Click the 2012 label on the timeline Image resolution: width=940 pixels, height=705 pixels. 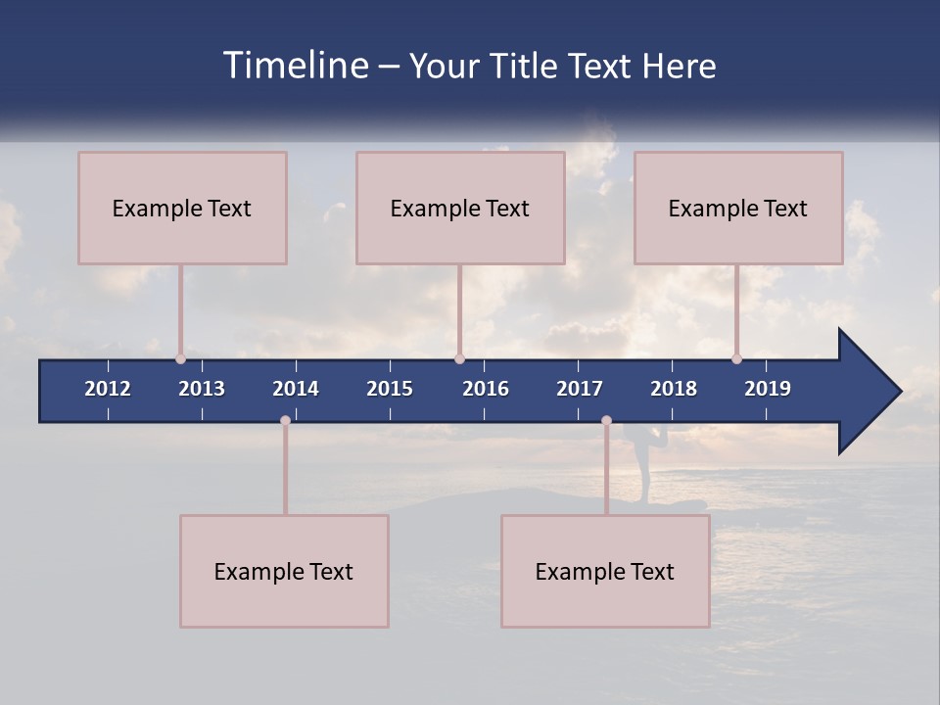108,389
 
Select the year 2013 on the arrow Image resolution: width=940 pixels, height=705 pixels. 202,389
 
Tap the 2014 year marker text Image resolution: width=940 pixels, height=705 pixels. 296,389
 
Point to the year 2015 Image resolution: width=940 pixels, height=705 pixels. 390,389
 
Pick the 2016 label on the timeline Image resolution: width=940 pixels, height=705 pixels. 486,389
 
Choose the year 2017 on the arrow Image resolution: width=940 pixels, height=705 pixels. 580,389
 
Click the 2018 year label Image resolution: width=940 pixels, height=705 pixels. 674,389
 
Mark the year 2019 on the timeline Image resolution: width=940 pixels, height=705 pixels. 768,389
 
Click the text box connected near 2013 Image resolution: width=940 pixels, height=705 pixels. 182,208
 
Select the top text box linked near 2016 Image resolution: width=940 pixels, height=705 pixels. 460,208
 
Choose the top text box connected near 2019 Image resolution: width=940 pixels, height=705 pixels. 738,208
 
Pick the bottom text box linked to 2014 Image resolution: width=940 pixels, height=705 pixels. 284,571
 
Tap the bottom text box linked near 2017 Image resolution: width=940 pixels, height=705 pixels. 605,571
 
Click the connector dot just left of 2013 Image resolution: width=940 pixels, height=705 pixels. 180,358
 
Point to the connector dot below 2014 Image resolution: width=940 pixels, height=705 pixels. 285,421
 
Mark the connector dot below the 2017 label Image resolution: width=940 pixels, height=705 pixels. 606,421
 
